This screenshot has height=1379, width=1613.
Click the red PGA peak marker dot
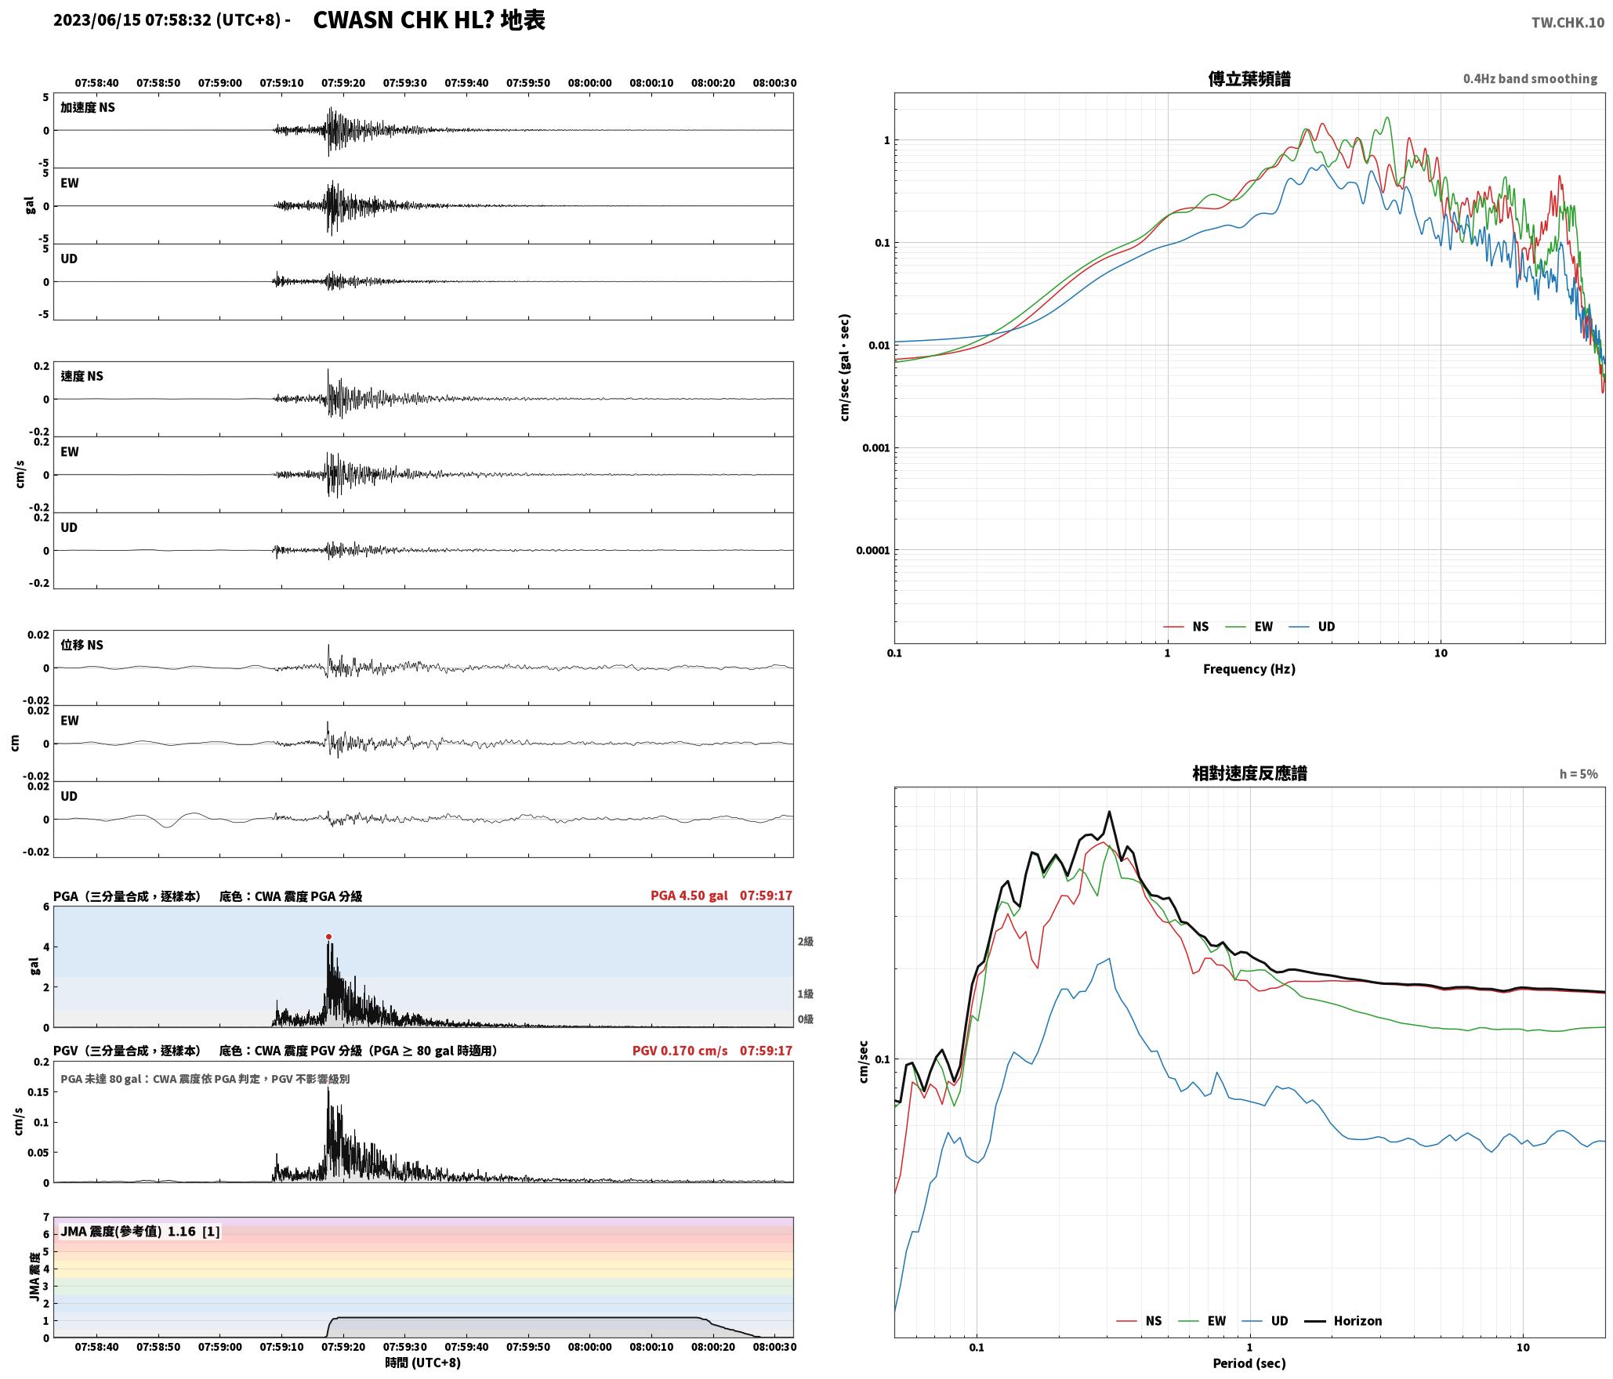(x=328, y=936)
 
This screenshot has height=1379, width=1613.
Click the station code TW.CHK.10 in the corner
(x=1568, y=23)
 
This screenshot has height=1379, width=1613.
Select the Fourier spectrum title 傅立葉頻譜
(x=1249, y=78)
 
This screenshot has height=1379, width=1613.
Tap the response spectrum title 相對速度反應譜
(x=1249, y=773)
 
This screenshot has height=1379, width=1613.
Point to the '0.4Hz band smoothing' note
(x=1530, y=78)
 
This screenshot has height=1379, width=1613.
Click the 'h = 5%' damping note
(x=1579, y=773)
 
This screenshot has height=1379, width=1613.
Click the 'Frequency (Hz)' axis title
(x=1249, y=668)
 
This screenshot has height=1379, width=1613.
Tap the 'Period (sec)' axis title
(x=1249, y=1363)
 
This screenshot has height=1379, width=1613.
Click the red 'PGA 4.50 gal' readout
(x=689, y=895)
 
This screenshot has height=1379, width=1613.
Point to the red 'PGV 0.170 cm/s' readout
(x=680, y=1050)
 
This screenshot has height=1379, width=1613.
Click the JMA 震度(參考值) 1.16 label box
(x=140, y=1231)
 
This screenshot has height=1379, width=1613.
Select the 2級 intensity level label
(x=805, y=941)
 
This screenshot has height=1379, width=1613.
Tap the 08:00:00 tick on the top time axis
(x=589, y=82)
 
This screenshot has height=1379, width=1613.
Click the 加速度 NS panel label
(x=88, y=107)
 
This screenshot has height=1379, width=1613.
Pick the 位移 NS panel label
(x=82, y=645)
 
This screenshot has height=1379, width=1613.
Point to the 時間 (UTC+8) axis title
(x=422, y=1363)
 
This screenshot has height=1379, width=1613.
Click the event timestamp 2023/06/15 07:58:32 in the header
(x=132, y=20)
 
